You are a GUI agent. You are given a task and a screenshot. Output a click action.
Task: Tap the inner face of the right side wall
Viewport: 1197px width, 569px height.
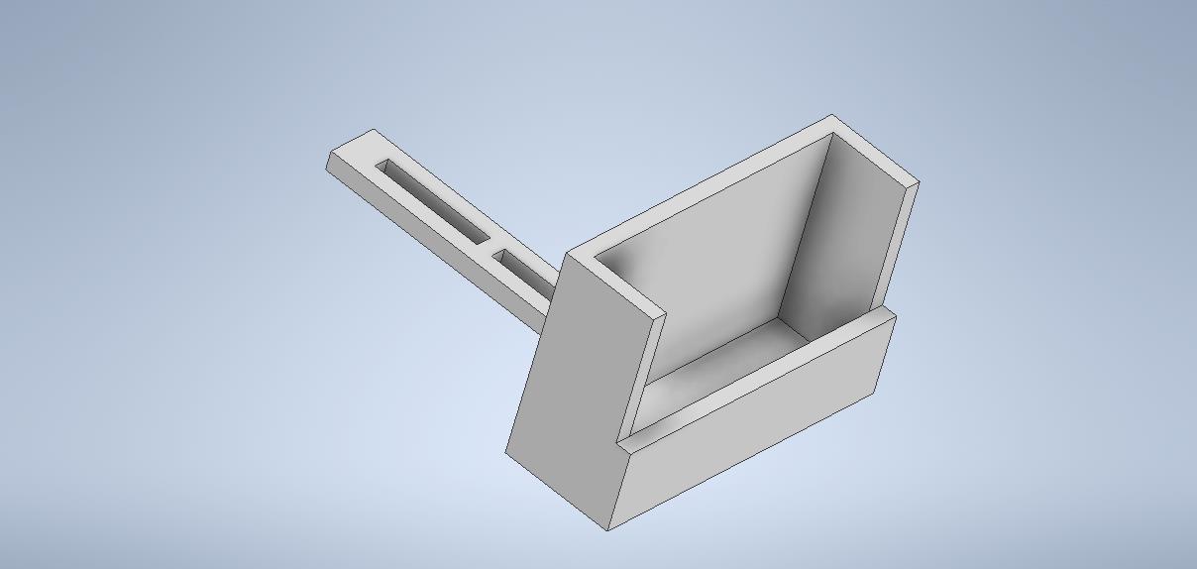[842, 238]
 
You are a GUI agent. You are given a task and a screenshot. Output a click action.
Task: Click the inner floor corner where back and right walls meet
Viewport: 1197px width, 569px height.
[779, 316]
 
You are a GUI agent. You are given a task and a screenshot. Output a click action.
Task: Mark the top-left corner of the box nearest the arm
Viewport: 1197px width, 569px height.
[571, 254]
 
